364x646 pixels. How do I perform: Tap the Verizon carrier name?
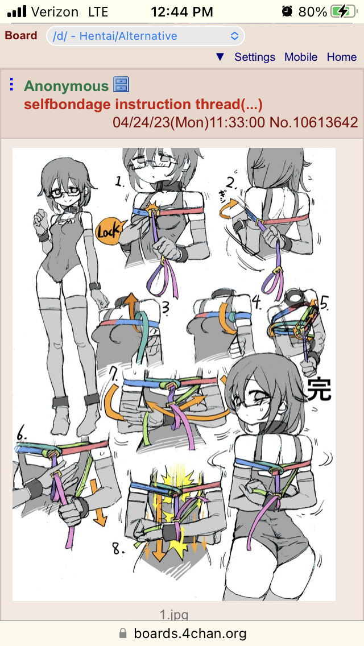(x=55, y=11)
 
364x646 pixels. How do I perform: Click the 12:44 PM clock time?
(x=182, y=11)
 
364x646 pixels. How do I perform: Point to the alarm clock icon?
(x=287, y=11)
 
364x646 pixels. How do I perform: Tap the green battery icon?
(x=344, y=11)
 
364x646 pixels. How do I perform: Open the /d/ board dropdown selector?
(x=146, y=36)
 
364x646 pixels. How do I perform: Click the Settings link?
(x=255, y=57)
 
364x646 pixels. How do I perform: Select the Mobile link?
(x=301, y=57)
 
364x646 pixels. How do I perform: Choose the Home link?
(x=342, y=57)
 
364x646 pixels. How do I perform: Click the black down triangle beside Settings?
(x=220, y=57)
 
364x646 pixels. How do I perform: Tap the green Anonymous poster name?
(x=66, y=86)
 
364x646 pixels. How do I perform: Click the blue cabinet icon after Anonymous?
(x=121, y=85)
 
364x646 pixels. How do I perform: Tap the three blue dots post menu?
(x=11, y=85)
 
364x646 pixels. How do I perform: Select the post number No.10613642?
(x=314, y=122)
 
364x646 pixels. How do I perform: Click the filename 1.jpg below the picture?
(x=174, y=615)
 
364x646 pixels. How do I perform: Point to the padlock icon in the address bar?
(x=122, y=633)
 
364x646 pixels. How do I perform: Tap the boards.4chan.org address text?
(x=190, y=633)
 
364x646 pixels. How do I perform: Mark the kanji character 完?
(x=320, y=389)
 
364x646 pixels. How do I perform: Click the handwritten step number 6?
(x=22, y=435)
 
